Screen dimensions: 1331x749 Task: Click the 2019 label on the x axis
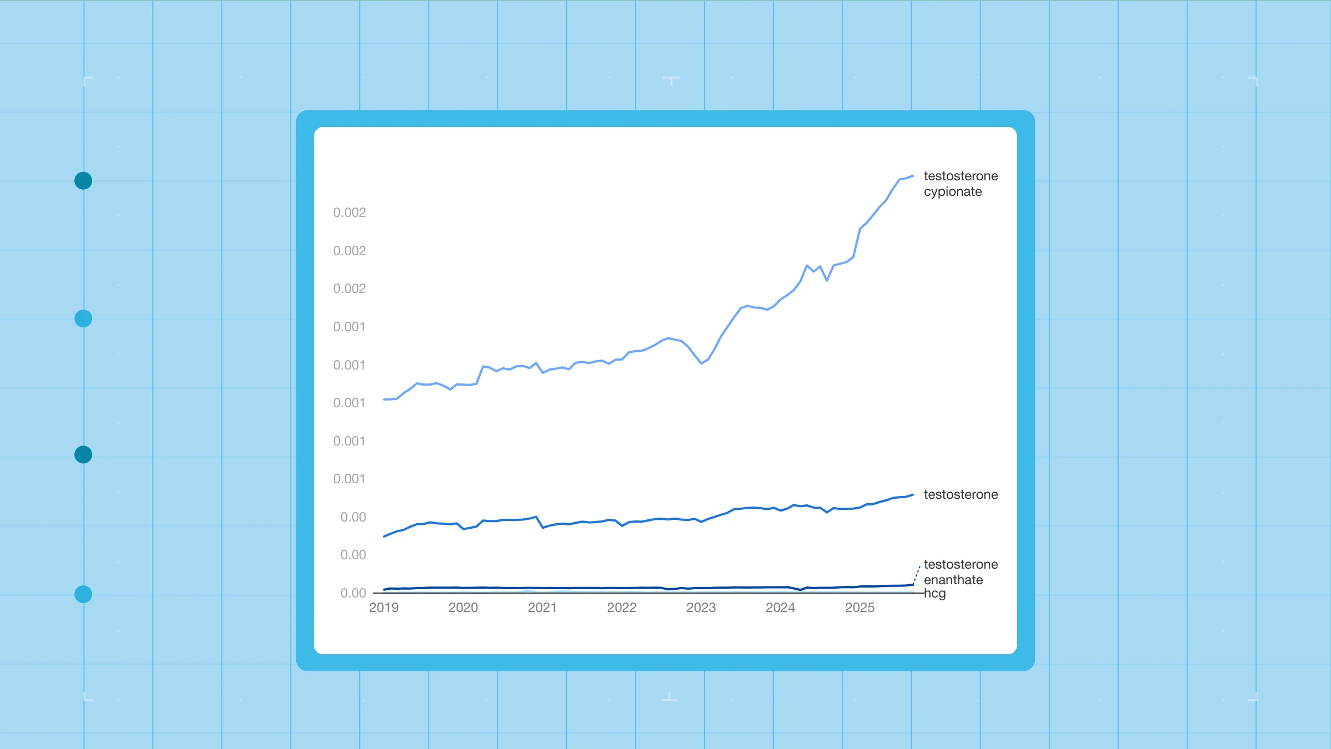click(x=384, y=608)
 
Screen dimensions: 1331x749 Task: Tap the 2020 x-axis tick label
click(x=463, y=608)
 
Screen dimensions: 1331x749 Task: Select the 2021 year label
click(x=542, y=608)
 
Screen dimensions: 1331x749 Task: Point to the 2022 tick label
click(x=622, y=608)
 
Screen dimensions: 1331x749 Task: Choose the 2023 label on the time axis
click(x=701, y=608)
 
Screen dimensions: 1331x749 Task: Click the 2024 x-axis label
click(x=780, y=608)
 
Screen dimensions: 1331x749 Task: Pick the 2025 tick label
click(x=860, y=608)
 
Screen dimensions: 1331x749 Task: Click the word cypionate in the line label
click(x=953, y=192)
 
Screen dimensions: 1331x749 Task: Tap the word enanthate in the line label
click(x=953, y=580)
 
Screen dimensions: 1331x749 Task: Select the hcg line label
click(x=935, y=594)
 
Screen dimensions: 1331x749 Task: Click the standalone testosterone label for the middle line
click(x=961, y=494)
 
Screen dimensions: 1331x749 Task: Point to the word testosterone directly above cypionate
click(x=961, y=176)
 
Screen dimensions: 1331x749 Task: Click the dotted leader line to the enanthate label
click(x=917, y=575)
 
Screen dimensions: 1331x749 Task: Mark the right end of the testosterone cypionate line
click(x=913, y=176)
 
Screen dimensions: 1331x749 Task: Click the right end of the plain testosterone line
click(x=913, y=495)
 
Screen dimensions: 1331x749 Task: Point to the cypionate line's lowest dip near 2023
click(x=702, y=363)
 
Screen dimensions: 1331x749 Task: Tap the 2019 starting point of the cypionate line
click(x=384, y=399)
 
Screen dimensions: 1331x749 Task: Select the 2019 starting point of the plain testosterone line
click(x=384, y=537)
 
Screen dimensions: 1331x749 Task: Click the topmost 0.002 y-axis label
click(x=349, y=212)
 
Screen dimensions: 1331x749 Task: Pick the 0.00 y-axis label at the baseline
click(x=353, y=593)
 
